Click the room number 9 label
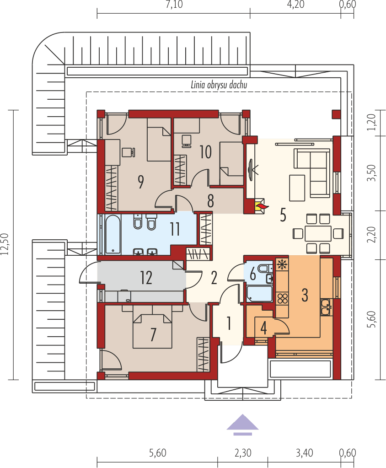(x=141, y=182)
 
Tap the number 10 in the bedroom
(x=205, y=152)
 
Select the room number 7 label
(x=154, y=334)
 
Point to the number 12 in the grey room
(x=146, y=278)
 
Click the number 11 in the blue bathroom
(x=175, y=229)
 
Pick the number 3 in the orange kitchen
(x=305, y=295)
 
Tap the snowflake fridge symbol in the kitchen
(x=282, y=265)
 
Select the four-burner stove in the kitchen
(x=282, y=298)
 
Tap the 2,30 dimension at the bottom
(x=242, y=453)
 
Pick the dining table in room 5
(x=318, y=233)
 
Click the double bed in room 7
(x=153, y=330)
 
